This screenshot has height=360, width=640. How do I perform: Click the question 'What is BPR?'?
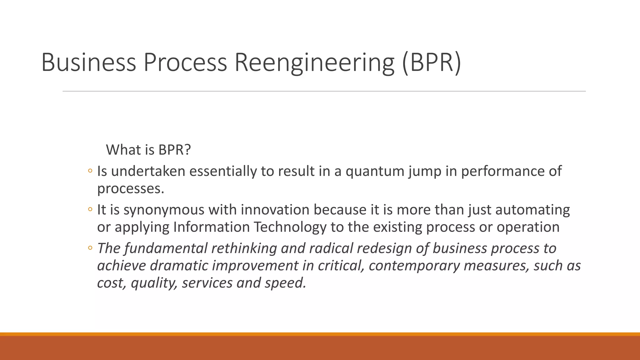(x=148, y=150)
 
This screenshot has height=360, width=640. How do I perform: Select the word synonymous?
(x=164, y=210)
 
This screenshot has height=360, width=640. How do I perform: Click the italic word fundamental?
(x=166, y=248)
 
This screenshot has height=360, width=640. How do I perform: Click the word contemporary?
(x=414, y=266)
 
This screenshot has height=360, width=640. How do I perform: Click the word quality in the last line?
(x=154, y=283)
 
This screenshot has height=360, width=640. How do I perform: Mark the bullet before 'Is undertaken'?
(x=90, y=171)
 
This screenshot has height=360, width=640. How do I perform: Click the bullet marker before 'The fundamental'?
(x=90, y=248)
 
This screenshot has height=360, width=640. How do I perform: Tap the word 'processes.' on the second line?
(x=131, y=189)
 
